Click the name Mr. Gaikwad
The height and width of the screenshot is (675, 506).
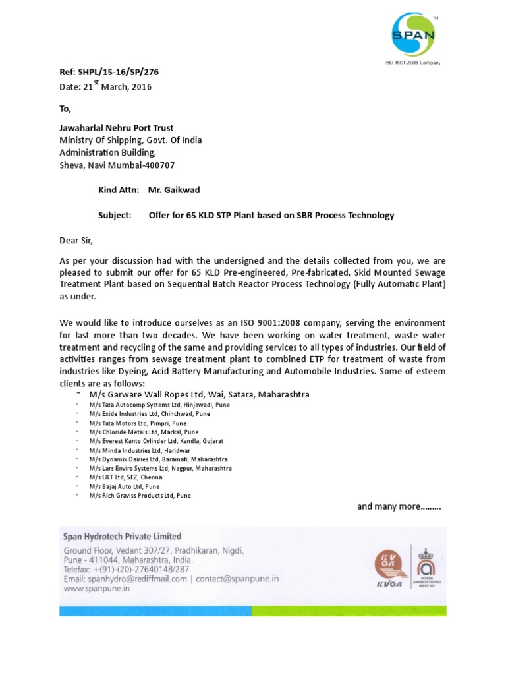(174, 191)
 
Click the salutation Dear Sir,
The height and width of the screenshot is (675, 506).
(76, 241)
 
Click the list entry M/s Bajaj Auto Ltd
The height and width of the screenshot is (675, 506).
(125, 486)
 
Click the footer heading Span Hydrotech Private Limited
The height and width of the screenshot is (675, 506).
(122, 537)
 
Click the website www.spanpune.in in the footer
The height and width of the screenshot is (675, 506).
(96, 588)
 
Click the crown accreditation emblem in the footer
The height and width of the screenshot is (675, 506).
(428, 566)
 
